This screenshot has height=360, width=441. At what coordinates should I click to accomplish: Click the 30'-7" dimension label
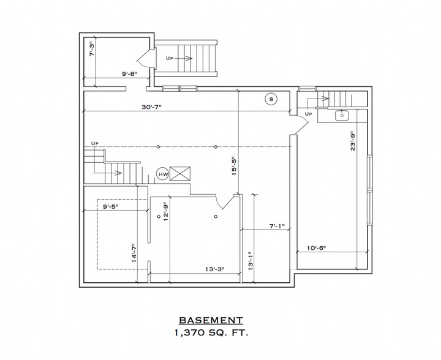click(x=152, y=107)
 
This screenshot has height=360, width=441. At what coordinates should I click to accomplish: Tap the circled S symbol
click(x=271, y=99)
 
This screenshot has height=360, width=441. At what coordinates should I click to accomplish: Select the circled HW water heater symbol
click(x=163, y=174)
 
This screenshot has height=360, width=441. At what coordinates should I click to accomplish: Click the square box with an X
click(x=180, y=174)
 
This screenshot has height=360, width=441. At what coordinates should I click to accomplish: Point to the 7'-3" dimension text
click(x=92, y=49)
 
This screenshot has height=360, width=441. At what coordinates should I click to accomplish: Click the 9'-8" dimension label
click(x=130, y=74)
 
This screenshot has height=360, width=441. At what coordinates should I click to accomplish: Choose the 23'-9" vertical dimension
click(x=353, y=141)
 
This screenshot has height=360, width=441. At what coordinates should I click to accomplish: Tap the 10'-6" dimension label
click(x=317, y=248)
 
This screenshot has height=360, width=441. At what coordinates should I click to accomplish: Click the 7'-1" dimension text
click(x=277, y=226)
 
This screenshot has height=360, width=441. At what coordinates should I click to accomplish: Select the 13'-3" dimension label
click(x=215, y=269)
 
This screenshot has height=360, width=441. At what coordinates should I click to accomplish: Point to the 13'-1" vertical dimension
click(x=251, y=261)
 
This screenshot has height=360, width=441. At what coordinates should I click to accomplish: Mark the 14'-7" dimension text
click(x=134, y=253)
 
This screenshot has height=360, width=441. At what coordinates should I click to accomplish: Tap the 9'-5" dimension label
click(x=110, y=206)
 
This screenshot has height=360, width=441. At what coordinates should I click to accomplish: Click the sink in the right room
click(x=342, y=115)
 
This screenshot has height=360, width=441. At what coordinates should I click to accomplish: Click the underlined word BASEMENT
click(x=211, y=320)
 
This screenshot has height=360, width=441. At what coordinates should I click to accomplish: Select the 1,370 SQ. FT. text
click(x=211, y=333)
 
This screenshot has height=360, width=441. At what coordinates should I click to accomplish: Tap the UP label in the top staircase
click(x=169, y=58)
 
